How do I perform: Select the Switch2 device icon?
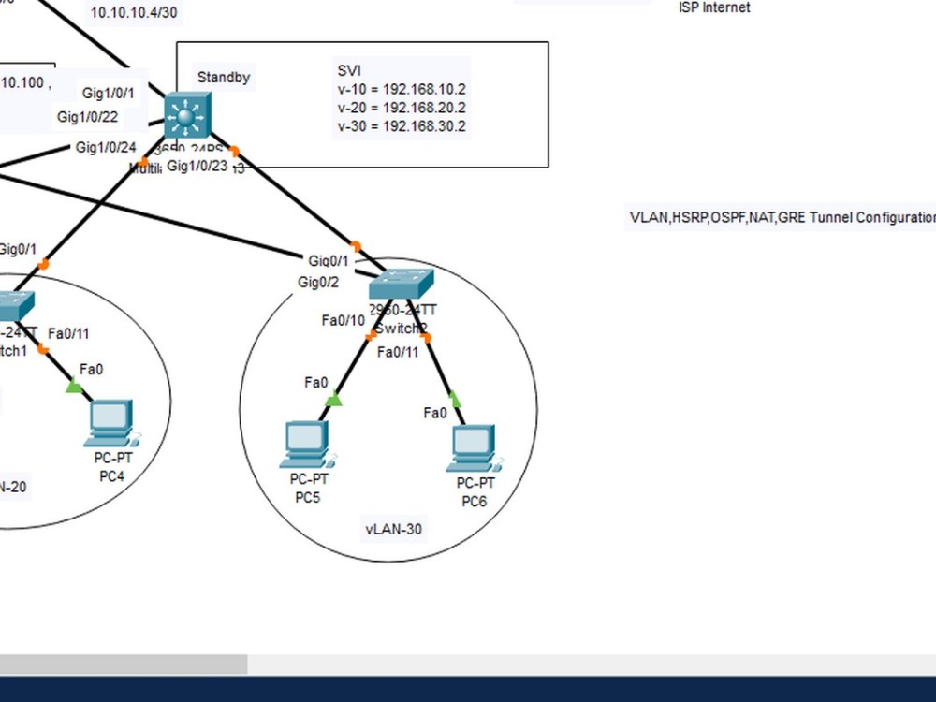(x=402, y=284)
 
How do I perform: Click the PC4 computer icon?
(x=110, y=423)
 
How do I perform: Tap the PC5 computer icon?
(x=306, y=444)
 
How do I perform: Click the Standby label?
(x=224, y=78)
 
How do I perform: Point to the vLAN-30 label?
(x=393, y=529)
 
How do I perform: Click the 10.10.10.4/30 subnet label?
(x=134, y=12)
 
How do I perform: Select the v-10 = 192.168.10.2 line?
(x=402, y=89)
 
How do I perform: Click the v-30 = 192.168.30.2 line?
(x=402, y=126)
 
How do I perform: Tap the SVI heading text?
(x=349, y=70)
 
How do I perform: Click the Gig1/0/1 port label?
(x=109, y=93)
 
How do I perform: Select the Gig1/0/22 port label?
(x=87, y=117)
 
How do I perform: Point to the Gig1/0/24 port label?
(x=106, y=147)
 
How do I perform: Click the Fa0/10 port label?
(x=343, y=320)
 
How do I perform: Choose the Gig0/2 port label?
(x=318, y=282)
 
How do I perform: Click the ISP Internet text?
(x=714, y=7)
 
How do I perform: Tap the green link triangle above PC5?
(x=333, y=401)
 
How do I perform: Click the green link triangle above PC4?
(x=74, y=386)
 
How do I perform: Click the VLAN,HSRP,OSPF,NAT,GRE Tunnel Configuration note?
(x=782, y=217)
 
